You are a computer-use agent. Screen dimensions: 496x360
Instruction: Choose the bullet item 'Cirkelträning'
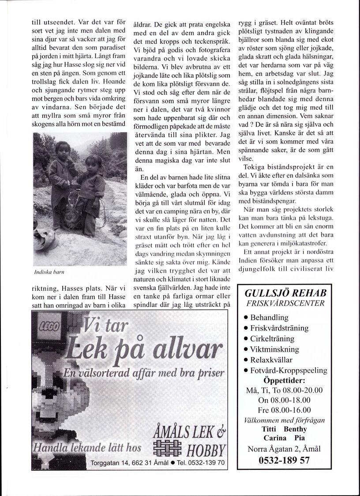pyautogui.click(x=273, y=338)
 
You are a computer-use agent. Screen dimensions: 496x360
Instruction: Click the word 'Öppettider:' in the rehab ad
pyautogui.click(x=286, y=380)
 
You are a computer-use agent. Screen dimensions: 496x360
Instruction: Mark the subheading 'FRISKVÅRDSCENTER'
pyautogui.click(x=286, y=303)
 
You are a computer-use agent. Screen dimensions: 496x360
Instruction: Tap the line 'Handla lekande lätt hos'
pyautogui.click(x=87, y=448)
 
